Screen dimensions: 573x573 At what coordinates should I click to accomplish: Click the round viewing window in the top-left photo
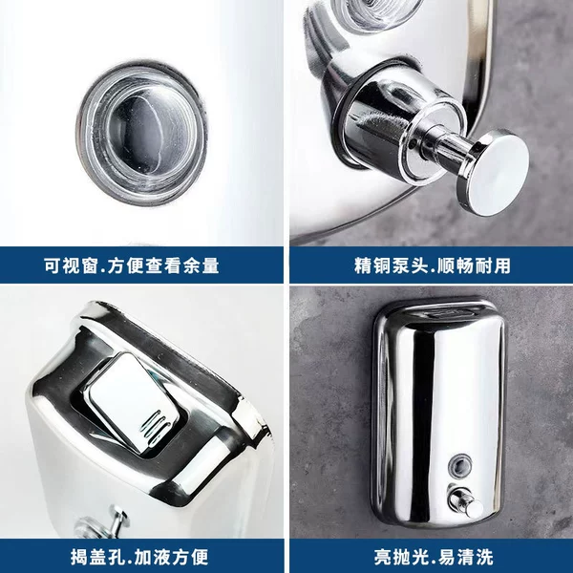pyautogui.click(x=141, y=134)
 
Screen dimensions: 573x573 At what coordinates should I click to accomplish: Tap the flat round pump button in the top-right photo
pyautogui.click(x=494, y=172)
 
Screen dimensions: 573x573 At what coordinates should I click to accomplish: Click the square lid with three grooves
pyautogui.click(x=134, y=401)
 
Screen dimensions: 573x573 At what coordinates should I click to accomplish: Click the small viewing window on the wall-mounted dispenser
pyautogui.click(x=460, y=466)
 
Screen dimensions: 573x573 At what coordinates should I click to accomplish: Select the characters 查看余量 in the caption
pyautogui.click(x=182, y=265)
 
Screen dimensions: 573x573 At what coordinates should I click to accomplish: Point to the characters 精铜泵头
pyautogui.click(x=391, y=265)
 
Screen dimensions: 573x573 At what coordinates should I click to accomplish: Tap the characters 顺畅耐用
pyautogui.click(x=474, y=265)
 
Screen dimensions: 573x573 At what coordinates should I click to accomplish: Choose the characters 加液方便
pyautogui.click(x=172, y=557)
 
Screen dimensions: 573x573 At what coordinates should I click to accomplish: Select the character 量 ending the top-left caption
pyautogui.click(x=210, y=265)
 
